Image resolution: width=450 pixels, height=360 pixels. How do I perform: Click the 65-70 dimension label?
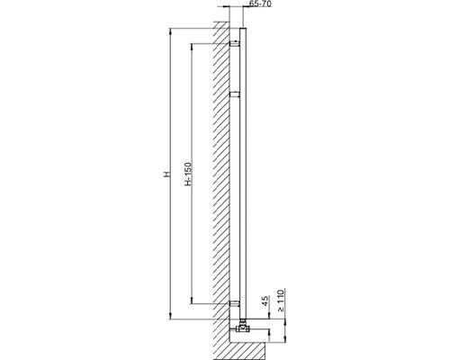[x=260, y=4]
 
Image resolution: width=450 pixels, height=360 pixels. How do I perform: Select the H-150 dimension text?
[x=188, y=174]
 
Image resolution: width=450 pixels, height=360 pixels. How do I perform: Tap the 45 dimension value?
[x=265, y=301]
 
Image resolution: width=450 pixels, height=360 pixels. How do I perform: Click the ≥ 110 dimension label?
[x=281, y=301]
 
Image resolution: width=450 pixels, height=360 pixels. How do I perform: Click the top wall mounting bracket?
[x=235, y=43]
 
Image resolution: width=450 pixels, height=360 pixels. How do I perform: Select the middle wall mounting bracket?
[x=235, y=94]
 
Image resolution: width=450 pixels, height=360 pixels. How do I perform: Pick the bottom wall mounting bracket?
[x=235, y=304]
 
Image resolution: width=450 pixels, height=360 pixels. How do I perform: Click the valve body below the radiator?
[x=243, y=328]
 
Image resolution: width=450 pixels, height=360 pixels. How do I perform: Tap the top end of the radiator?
[x=243, y=29]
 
